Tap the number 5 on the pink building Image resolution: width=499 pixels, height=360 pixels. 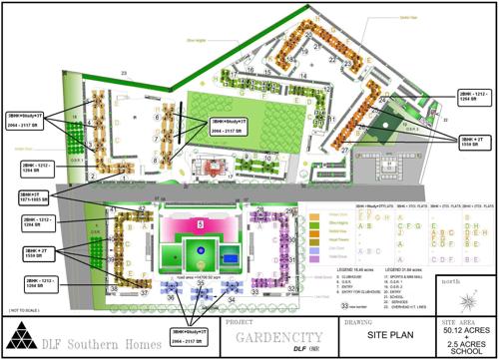[201, 225]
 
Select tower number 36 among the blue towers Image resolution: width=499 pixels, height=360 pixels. [172, 296]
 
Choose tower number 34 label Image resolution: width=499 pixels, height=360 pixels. [232, 297]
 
